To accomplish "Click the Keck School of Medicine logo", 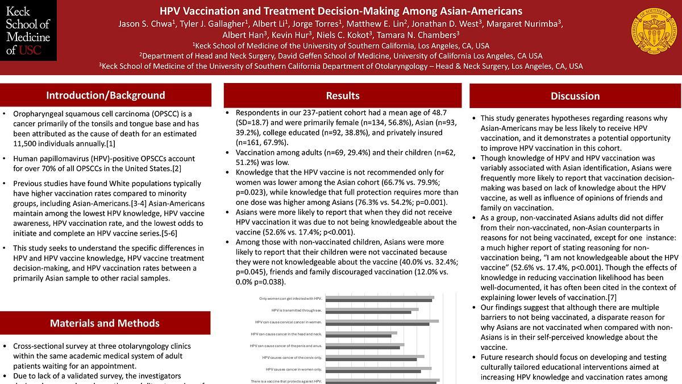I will [x=28, y=30].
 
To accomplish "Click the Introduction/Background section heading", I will [x=106, y=95].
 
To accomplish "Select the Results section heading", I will [x=343, y=96].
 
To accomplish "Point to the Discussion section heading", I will [x=575, y=96].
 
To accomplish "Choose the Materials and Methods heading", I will [x=105, y=323].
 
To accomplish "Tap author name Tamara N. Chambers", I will [x=418, y=35].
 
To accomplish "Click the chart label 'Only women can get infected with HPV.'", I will [x=290, y=298].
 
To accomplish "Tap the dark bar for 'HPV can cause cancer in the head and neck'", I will [x=359, y=336].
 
